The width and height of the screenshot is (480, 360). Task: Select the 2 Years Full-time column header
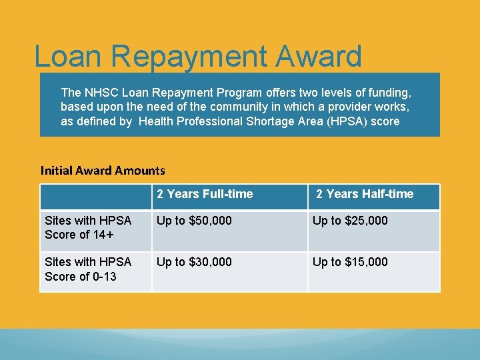(x=205, y=194)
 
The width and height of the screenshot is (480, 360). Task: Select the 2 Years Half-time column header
(x=365, y=194)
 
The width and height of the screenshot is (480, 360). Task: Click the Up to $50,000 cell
(x=194, y=221)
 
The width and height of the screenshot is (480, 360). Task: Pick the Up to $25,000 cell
(x=350, y=221)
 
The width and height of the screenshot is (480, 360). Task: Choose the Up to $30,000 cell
(x=194, y=262)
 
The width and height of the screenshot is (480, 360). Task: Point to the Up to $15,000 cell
(x=350, y=262)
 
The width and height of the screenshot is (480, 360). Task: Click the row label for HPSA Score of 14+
(x=88, y=227)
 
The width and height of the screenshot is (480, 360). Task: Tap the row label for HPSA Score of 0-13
(x=88, y=269)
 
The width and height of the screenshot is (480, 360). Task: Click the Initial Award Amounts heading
(x=103, y=171)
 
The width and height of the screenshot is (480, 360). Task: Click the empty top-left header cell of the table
(x=96, y=197)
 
